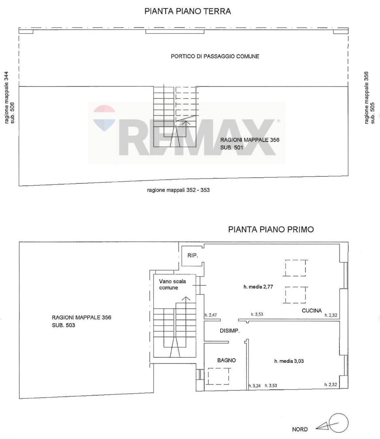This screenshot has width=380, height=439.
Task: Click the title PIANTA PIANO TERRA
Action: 188,11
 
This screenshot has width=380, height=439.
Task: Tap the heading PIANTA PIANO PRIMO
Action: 271,229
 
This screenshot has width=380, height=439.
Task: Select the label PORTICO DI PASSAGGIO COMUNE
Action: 215,56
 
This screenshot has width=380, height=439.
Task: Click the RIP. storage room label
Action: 193,255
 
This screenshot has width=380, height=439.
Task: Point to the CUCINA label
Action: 312,310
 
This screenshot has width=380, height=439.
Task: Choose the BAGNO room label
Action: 226,360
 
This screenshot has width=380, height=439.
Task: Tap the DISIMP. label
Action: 229,331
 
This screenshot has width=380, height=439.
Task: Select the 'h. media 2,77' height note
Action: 258,287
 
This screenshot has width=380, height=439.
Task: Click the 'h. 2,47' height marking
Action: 211,315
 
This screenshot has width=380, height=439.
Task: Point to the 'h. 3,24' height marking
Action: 255,386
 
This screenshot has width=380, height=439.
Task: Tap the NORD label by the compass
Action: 300,429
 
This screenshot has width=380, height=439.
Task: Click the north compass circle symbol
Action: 339,423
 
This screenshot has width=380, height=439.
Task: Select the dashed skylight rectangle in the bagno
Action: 219,376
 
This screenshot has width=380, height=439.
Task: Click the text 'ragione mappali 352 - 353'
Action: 178,190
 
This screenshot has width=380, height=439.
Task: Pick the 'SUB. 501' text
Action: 232,148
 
